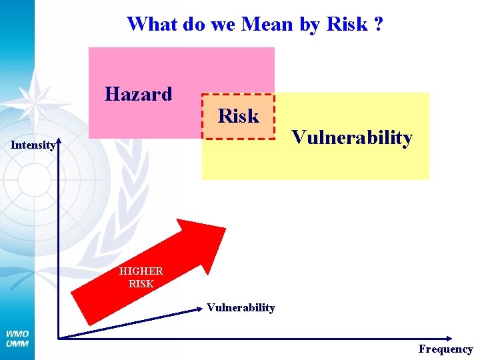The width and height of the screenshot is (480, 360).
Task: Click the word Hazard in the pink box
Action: coord(138,94)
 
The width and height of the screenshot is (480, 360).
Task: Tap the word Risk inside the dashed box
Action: coord(238,116)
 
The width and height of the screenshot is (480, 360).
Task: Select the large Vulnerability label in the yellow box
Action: coord(351,138)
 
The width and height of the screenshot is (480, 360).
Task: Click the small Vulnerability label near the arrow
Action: coord(240,307)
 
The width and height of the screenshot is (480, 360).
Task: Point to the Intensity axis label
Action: coord(33,145)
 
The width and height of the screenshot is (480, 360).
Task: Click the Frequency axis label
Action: coord(445,349)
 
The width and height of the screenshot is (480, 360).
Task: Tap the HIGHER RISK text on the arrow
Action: coord(141,277)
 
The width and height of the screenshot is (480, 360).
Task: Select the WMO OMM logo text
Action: coord(17,338)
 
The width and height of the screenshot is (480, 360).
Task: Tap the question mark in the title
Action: coord(378,24)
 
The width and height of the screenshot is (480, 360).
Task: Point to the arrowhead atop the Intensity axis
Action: coord(59,142)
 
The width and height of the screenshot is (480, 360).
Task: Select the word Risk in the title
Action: coord(347,24)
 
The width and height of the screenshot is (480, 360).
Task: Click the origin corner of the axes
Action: coord(59,338)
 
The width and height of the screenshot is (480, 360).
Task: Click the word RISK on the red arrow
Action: coord(141,283)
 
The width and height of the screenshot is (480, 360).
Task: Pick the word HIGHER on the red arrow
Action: coord(141,271)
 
